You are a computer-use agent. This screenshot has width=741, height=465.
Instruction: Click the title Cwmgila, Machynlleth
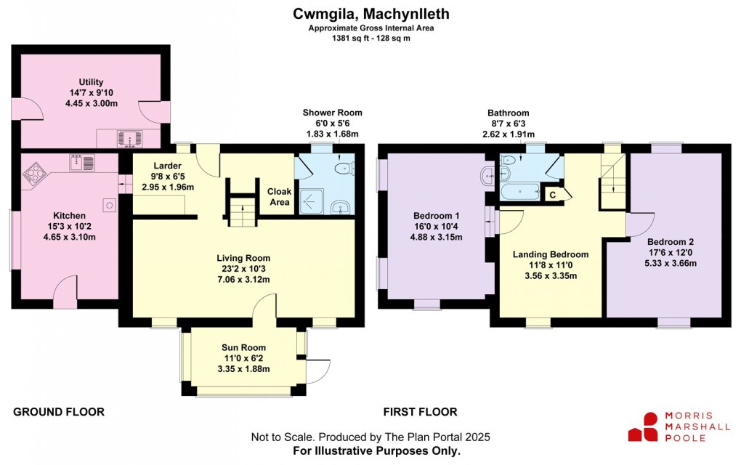(x=370, y=14)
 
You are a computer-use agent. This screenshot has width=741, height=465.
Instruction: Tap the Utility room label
(x=92, y=82)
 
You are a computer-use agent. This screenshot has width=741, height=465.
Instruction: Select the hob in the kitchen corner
(x=34, y=173)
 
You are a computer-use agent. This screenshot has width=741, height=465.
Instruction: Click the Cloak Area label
(x=280, y=197)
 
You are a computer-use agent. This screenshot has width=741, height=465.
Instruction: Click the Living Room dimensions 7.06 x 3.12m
(x=243, y=280)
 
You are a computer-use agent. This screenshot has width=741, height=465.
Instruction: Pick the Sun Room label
(x=243, y=347)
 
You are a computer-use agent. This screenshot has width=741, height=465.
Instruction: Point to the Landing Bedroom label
(x=550, y=254)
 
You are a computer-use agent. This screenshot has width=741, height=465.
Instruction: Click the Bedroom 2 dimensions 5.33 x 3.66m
(x=672, y=263)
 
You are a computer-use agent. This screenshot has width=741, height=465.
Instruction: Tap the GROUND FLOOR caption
(x=59, y=412)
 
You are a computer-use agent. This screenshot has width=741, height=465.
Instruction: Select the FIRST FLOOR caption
(x=420, y=412)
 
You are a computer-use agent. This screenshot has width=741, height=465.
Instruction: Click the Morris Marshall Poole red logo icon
(x=642, y=426)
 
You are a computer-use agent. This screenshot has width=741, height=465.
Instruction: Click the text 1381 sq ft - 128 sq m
(x=370, y=38)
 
